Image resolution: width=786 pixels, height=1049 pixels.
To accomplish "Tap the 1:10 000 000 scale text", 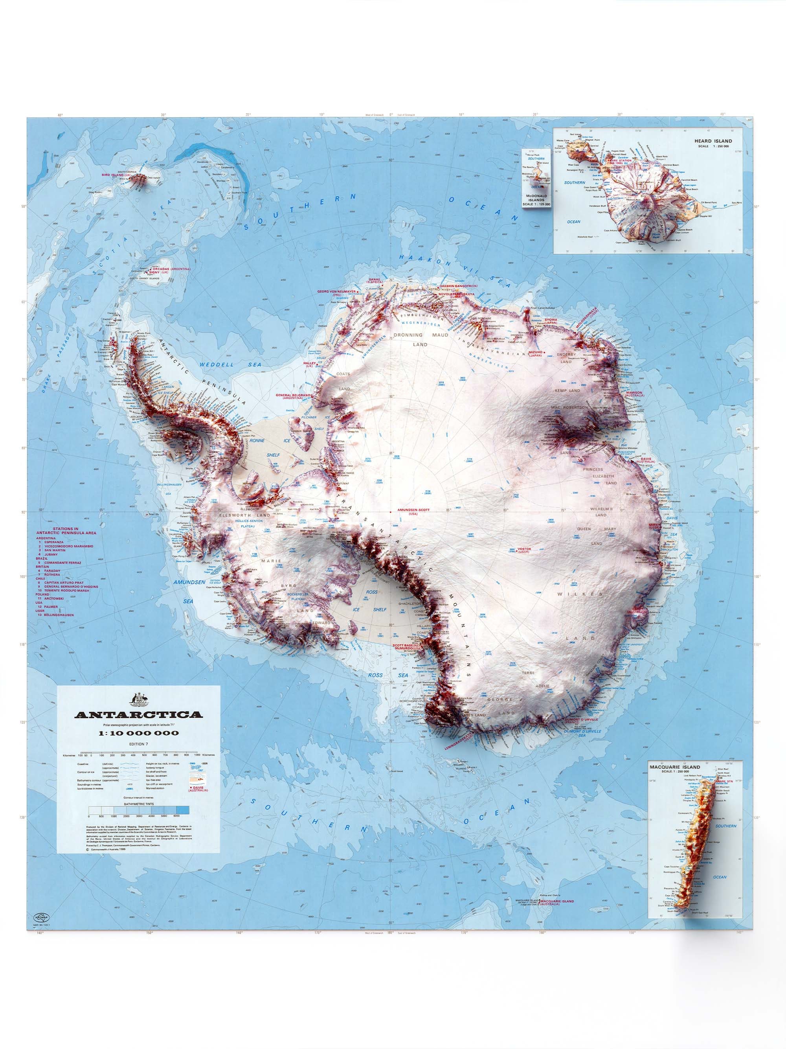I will pyautogui.click(x=138, y=732).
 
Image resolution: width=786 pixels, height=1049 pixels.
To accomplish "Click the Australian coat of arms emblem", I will pyautogui.click(x=138, y=699).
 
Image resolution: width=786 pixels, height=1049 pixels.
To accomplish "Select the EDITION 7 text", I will pyautogui.click(x=138, y=744).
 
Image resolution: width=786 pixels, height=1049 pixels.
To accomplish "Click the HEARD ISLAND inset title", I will pyautogui.click(x=713, y=141).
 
